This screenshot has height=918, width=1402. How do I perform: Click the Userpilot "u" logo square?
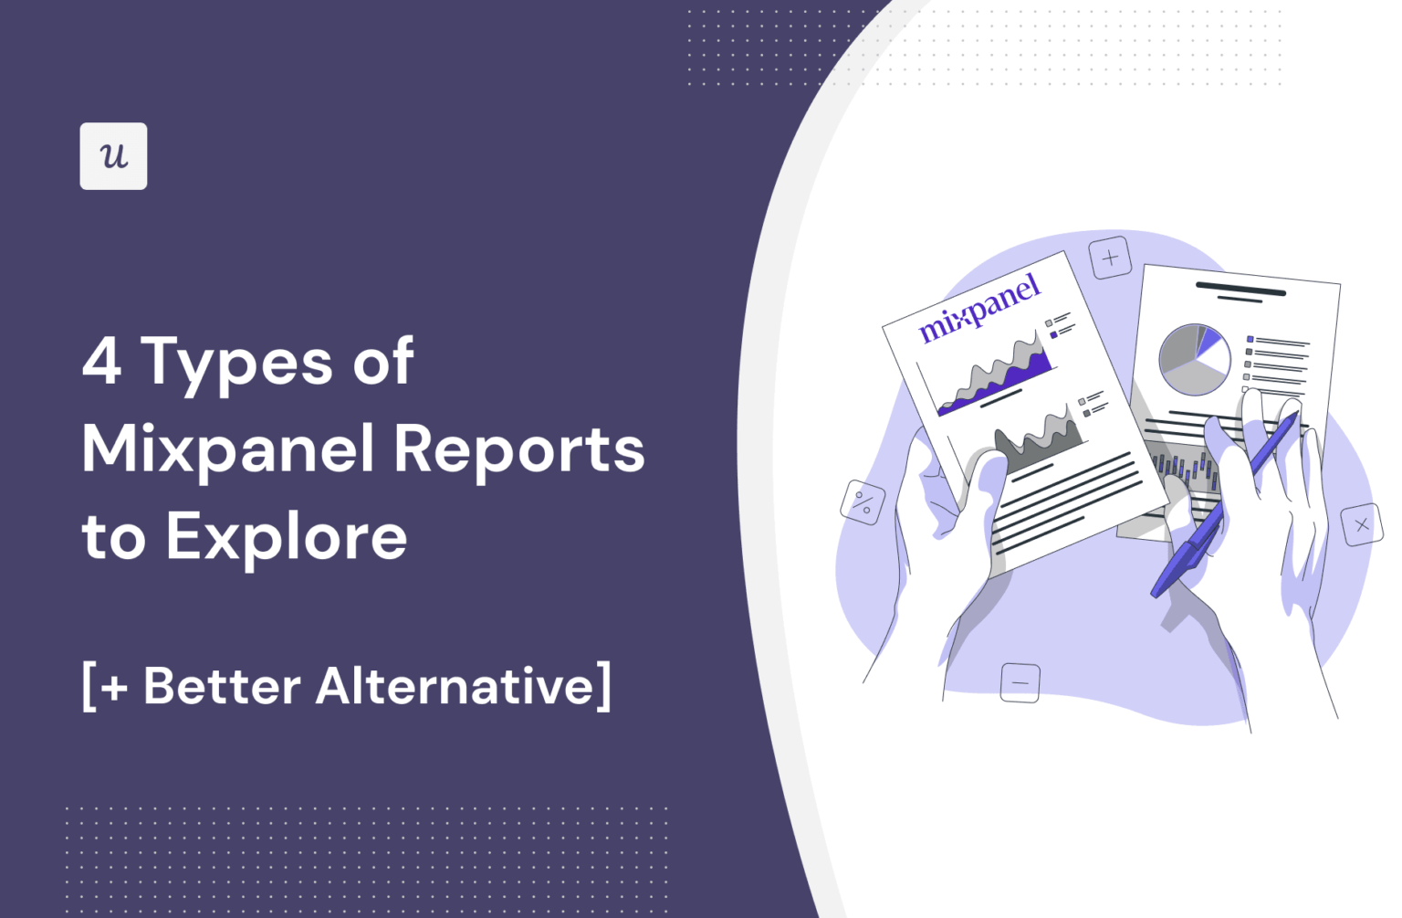pyautogui.click(x=113, y=156)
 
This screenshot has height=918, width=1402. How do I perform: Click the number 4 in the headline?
pyautogui.click(x=101, y=361)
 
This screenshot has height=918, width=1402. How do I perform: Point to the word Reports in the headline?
pyautogui.click(x=519, y=449)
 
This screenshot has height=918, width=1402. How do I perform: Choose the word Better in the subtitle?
pyautogui.click(x=222, y=686)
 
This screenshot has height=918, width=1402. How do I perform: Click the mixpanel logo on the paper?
pyautogui.click(x=978, y=307)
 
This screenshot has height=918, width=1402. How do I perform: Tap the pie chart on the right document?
pyautogui.click(x=1194, y=360)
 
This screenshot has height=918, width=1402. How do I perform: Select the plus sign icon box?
pyautogui.click(x=1110, y=259)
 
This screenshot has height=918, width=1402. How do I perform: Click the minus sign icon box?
pyautogui.click(x=1020, y=682)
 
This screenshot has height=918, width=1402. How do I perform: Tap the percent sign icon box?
pyautogui.click(x=863, y=502)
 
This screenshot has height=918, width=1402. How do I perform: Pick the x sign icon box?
pyautogui.click(x=1362, y=525)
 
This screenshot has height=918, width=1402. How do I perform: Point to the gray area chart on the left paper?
pyautogui.click(x=1041, y=438)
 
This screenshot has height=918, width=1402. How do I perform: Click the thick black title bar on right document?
pyautogui.click(x=1240, y=290)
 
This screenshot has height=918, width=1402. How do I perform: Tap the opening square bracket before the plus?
pyautogui.click(x=89, y=686)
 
